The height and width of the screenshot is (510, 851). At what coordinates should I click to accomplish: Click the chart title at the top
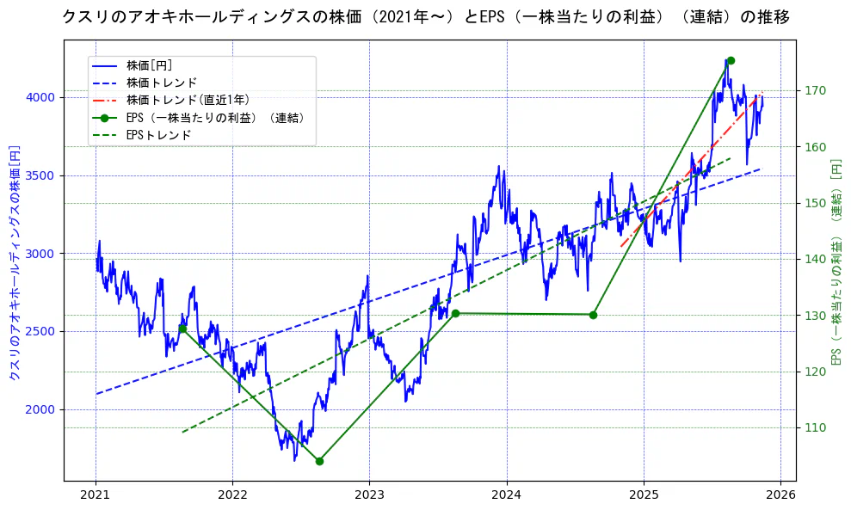pyautogui.click(x=425, y=16)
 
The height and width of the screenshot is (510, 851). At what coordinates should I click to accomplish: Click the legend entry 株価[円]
pyautogui.click(x=150, y=65)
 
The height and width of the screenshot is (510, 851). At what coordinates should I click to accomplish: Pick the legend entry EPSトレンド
pyautogui.click(x=158, y=135)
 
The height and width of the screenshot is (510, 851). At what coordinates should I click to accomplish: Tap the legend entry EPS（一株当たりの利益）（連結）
pyautogui.click(x=215, y=118)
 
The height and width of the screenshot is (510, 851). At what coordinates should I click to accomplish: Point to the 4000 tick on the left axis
pyautogui.click(x=40, y=97)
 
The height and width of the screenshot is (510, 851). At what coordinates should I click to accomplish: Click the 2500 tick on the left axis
pyautogui.click(x=40, y=331)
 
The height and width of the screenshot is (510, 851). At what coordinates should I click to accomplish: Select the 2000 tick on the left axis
pyautogui.click(x=40, y=409)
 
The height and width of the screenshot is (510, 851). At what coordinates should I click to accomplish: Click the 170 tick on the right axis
pyautogui.click(x=815, y=90)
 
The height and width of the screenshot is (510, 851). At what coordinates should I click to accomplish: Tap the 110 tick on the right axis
pyautogui.click(x=815, y=427)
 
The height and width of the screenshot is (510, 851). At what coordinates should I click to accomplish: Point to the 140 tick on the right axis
pyautogui.click(x=815, y=259)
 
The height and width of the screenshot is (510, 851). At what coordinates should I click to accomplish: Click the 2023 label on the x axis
pyautogui.click(x=369, y=496)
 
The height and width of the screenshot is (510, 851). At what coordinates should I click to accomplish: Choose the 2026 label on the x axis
pyautogui.click(x=780, y=496)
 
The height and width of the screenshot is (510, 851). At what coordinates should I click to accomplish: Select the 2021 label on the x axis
pyautogui.click(x=96, y=496)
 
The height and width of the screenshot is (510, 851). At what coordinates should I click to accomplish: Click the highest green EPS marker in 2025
pyautogui.click(x=731, y=60)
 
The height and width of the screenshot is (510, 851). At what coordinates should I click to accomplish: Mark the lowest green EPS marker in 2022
pyautogui.click(x=319, y=461)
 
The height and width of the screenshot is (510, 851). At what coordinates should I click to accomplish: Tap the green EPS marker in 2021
pyautogui.click(x=182, y=329)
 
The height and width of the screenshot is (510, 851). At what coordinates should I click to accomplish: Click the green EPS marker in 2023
pyautogui.click(x=455, y=313)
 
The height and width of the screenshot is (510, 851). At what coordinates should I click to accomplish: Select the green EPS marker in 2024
pyautogui.click(x=593, y=315)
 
